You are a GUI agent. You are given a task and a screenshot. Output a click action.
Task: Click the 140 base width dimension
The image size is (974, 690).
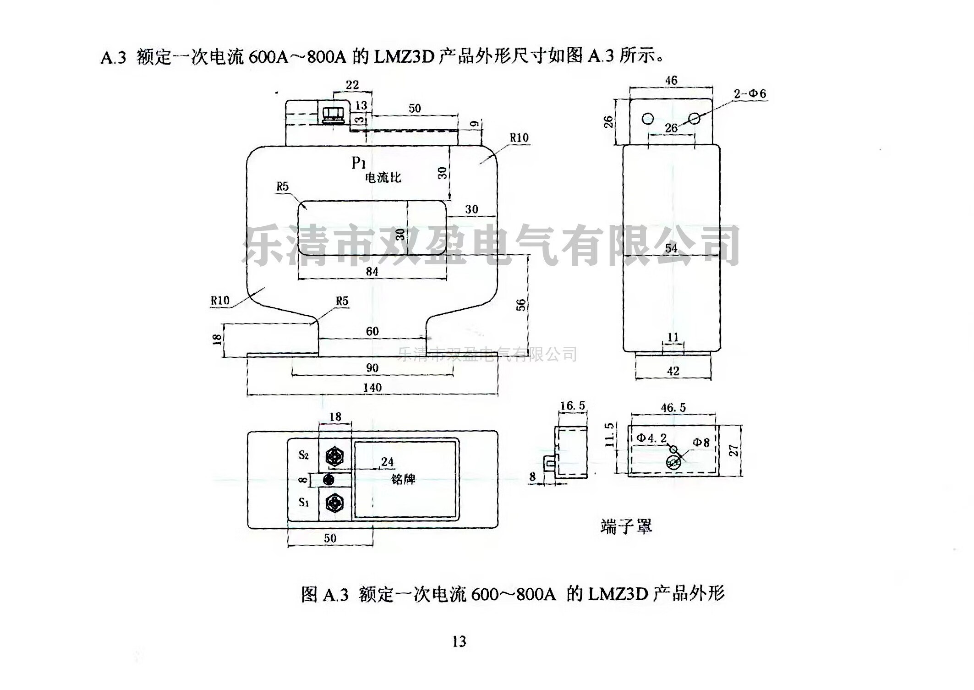[372, 388]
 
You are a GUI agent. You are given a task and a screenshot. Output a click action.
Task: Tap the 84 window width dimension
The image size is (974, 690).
[372, 271]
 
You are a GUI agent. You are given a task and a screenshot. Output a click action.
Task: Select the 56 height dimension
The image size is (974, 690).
[521, 305]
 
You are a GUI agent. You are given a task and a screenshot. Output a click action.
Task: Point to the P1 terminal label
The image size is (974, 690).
[358, 163]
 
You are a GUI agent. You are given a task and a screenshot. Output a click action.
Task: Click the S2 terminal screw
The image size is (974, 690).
[334, 456]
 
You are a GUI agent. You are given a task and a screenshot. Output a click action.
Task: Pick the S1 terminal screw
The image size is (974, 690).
[334, 503]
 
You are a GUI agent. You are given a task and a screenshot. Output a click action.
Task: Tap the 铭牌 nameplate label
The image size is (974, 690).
[403, 479]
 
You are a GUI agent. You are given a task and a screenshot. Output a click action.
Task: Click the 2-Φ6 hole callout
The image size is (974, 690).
[750, 94]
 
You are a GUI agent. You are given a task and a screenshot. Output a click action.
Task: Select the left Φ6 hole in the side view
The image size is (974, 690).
[647, 119]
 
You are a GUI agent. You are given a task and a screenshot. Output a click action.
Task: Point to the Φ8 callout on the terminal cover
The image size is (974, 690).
[701, 442]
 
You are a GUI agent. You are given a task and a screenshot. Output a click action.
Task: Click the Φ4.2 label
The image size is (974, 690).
[651, 438]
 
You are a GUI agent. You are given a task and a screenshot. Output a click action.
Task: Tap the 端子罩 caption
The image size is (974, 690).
[626, 527]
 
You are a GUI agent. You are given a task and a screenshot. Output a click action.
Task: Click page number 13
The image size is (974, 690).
[459, 641]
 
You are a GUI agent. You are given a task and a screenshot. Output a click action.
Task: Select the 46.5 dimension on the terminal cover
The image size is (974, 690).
[673, 407]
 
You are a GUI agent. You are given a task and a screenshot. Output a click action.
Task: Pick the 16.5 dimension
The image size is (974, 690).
[572, 405]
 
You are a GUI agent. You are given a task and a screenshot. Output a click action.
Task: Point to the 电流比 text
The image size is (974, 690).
[383, 178]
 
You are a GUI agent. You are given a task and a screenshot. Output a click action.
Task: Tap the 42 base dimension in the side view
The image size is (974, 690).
[673, 371]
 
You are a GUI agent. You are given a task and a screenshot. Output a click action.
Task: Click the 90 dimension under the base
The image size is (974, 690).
[372, 368]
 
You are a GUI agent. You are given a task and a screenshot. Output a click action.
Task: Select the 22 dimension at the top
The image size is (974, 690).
[352, 85]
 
